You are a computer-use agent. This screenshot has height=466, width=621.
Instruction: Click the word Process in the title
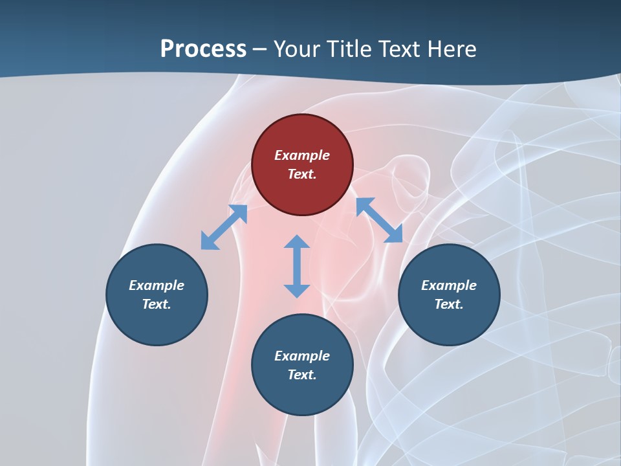coord(203,49)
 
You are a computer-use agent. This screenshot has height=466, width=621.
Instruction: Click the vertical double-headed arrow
coord(297,266)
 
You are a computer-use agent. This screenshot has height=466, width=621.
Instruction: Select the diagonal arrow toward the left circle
coord(224,227)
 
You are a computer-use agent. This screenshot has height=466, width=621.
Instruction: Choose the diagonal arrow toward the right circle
coord(379,220)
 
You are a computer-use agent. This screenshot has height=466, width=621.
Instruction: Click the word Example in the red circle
coord(302,155)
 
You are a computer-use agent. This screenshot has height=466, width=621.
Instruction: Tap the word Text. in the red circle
coord(302,174)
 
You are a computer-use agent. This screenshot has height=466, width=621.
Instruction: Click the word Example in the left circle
coord(157,285)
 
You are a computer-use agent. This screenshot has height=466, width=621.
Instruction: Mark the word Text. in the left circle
coord(157,304)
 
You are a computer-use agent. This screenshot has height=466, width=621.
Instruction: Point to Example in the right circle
coord(449,285)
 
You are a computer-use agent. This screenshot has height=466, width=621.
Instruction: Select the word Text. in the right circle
coord(449,304)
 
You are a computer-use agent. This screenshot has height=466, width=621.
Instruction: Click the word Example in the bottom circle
coord(302,356)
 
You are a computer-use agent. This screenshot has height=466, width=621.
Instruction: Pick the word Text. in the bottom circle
coord(302,375)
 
